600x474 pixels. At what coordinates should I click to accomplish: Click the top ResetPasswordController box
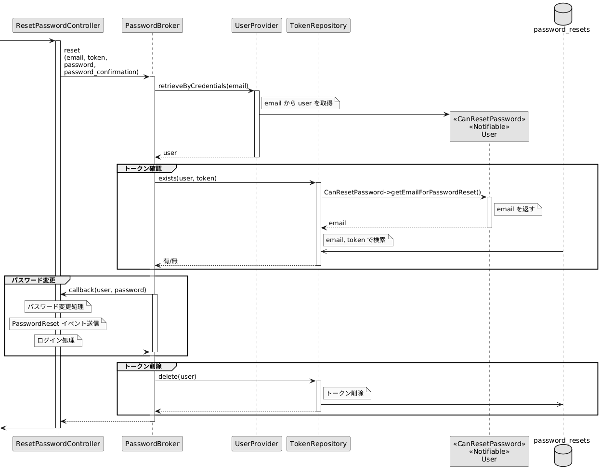click(x=58, y=26)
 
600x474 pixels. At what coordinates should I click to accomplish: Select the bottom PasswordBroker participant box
click(x=152, y=444)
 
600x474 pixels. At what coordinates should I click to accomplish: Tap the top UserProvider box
click(x=257, y=26)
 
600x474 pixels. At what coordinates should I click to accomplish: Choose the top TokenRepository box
click(x=318, y=26)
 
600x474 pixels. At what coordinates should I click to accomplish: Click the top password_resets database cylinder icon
click(x=563, y=14)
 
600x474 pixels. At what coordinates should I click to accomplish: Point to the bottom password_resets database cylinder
click(x=563, y=456)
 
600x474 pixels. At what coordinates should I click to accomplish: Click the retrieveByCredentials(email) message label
click(x=203, y=86)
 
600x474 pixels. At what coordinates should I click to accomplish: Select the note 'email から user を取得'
click(x=300, y=103)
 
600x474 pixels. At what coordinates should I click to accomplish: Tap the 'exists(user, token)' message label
click(x=187, y=179)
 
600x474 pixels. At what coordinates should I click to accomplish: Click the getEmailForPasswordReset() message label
click(x=402, y=192)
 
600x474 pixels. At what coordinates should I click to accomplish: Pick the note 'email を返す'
click(x=518, y=209)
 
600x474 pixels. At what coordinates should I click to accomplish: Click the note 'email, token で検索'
click(x=358, y=240)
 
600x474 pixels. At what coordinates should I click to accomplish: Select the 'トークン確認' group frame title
click(x=143, y=168)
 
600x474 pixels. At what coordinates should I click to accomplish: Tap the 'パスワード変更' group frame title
click(x=33, y=280)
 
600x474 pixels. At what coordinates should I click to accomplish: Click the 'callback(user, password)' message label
click(x=107, y=290)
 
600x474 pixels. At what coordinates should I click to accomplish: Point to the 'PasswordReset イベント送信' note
click(x=58, y=324)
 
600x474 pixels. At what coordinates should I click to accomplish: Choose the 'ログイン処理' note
click(x=58, y=341)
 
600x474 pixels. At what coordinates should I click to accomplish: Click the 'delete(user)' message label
click(x=177, y=376)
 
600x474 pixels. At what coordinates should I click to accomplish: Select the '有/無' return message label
click(x=170, y=261)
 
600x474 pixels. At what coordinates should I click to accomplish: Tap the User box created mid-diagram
click(x=489, y=127)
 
